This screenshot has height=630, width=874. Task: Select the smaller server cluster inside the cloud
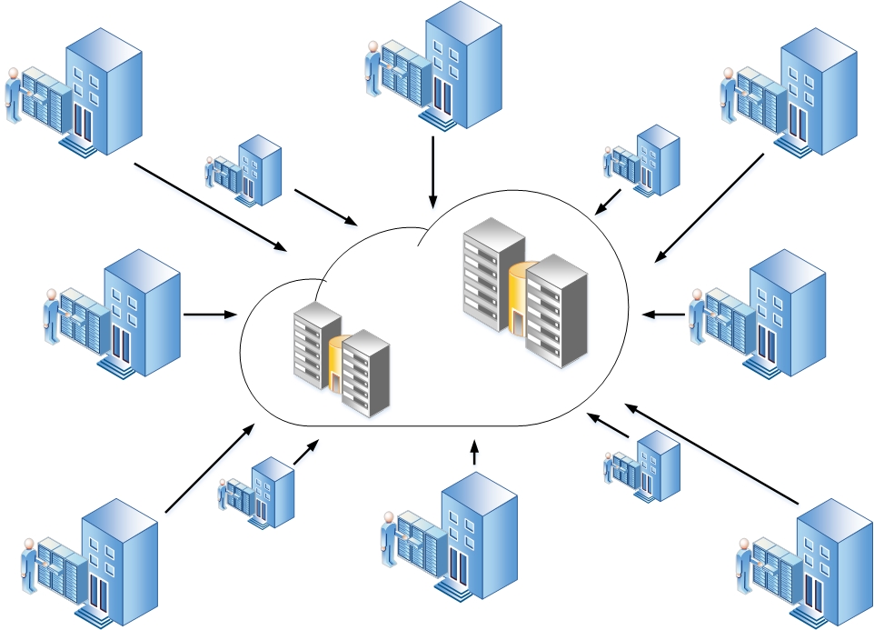point(341,359)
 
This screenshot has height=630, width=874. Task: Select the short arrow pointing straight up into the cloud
point(474,452)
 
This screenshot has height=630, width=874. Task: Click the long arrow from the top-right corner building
point(709,208)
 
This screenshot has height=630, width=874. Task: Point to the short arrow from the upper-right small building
point(608,202)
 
